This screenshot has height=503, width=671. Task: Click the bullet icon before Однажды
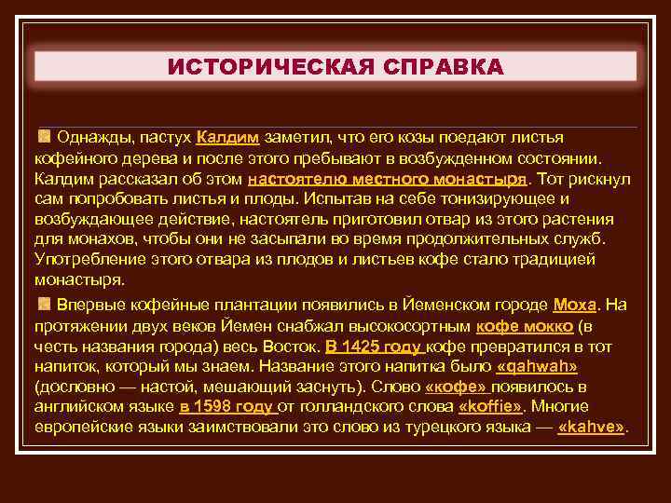(x=44, y=137)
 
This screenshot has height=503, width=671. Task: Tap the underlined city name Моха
(x=574, y=305)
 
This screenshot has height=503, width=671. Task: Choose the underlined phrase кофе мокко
(x=524, y=325)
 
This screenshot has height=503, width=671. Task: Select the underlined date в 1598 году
(x=227, y=407)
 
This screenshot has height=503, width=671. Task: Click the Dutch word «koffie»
(x=491, y=407)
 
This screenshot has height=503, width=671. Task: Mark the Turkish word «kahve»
(x=592, y=428)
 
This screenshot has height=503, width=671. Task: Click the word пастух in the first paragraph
(x=168, y=138)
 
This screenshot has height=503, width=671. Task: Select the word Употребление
(x=82, y=261)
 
